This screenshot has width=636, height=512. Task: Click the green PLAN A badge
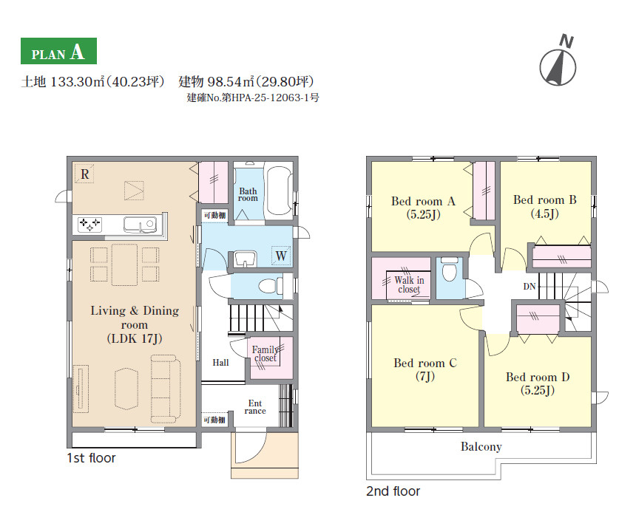59,51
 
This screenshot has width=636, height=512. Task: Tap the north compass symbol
558,65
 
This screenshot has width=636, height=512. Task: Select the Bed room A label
423,208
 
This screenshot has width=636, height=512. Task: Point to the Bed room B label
545,206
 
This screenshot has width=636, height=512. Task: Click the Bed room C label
425,369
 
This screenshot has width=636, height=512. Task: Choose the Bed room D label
538,383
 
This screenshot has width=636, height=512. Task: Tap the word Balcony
481,446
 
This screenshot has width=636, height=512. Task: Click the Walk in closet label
409,284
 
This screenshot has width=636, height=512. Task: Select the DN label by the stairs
530,287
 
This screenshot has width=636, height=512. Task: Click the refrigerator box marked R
84,174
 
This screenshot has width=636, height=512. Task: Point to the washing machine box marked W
281,256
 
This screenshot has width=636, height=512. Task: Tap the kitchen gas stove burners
89,224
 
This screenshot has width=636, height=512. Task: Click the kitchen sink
140,225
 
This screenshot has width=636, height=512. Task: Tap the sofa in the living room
166,389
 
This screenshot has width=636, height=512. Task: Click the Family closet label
265,354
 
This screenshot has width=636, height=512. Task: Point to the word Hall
220,363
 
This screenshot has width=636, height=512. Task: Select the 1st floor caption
91,458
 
